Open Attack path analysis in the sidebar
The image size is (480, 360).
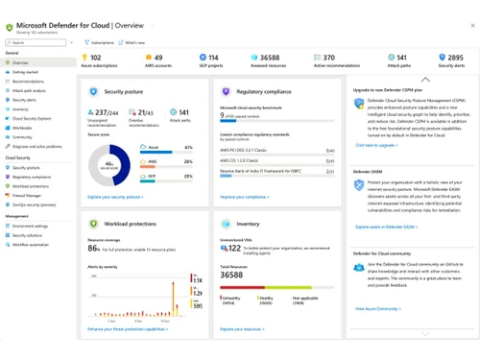(x=34, y=90)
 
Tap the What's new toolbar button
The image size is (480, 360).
(x=134, y=43)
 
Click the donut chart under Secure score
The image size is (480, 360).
(x=108, y=164)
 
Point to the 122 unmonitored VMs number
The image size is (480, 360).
(x=232, y=249)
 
